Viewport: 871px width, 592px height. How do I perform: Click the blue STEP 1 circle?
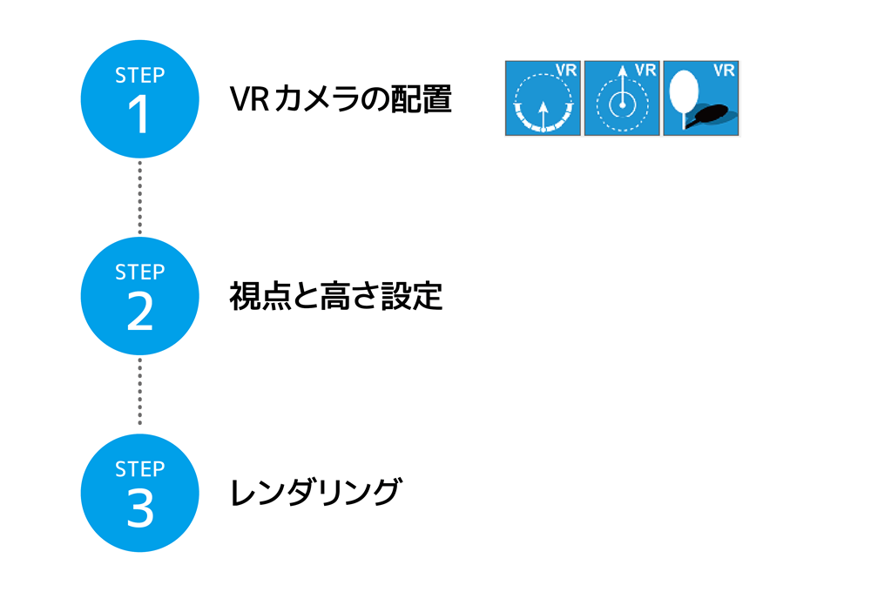pyautogui.click(x=139, y=99)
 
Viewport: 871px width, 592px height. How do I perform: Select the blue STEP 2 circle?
pyautogui.click(x=139, y=296)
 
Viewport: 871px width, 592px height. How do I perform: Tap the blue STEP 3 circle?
pyautogui.click(x=139, y=493)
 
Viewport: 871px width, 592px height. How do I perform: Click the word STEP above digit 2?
pyautogui.click(x=139, y=272)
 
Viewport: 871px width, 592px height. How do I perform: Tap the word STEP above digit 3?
pyautogui.click(x=139, y=469)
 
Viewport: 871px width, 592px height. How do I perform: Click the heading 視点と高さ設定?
pyautogui.click(x=335, y=297)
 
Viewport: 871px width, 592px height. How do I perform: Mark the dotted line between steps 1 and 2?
pyautogui.click(x=139, y=198)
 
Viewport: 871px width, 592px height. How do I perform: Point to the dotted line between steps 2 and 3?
pyautogui.click(x=139, y=394)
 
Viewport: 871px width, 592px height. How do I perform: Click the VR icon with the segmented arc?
pyautogui.click(x=543, y=98)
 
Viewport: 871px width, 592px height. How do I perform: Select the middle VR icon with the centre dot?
pyautogui.click(x=621, y=98)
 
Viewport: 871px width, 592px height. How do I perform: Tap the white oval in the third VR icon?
pyautogui.click(x=685, y=89)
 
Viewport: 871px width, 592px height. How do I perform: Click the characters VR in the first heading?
pyautogui.click(x=247, y=99)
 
